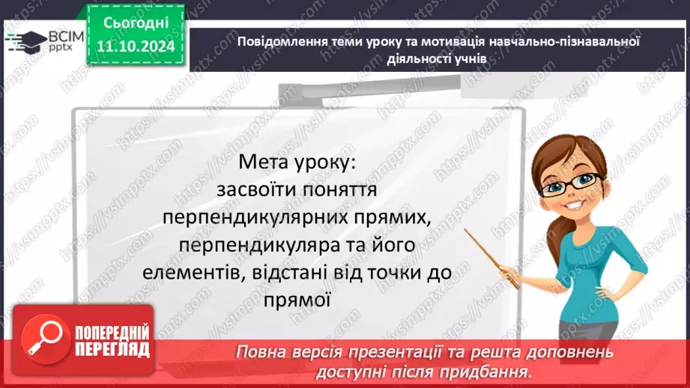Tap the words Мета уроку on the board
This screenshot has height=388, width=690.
click(298, 162)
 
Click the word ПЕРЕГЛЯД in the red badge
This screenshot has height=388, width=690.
click(112, 349)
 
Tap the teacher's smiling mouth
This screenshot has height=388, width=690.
click(576, 204)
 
